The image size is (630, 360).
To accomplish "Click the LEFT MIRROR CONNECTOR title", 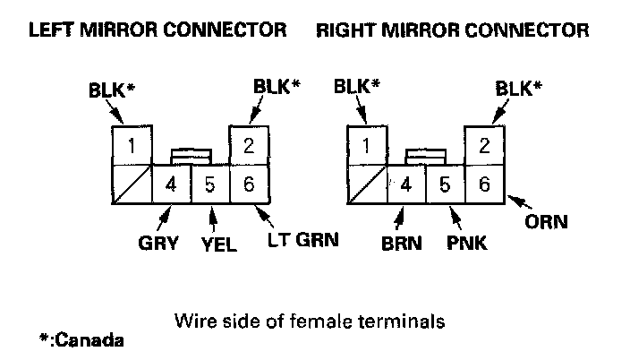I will pos(157,30).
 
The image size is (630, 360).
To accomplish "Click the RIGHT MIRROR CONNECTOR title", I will pos(453,30).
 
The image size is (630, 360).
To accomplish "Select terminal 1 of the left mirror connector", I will pos(132,145).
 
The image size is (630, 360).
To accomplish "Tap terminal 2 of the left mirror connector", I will pos(250,145).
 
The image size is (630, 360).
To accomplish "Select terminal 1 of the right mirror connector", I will pos(366,145).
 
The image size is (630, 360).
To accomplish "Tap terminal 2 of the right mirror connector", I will pos(484,145).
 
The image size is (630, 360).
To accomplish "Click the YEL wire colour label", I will pos(218,244).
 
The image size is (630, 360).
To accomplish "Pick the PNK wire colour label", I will pos(467,243).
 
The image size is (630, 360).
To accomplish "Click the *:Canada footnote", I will pos(81,340).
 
